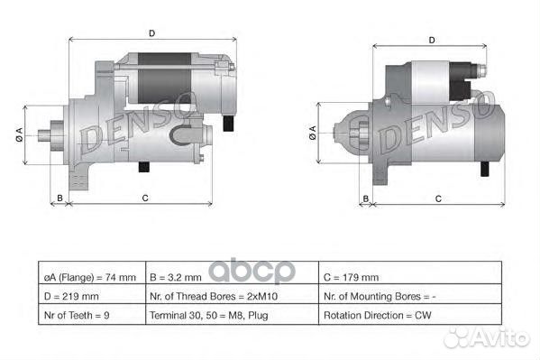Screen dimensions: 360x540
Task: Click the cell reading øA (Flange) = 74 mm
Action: [x=89, y=276]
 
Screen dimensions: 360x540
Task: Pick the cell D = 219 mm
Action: [x=89, y=296]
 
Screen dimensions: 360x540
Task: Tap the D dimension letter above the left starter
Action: [x=151, y=32]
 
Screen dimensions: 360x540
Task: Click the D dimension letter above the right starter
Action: [x=432, y=40]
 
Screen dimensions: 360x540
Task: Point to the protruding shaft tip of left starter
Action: [x=43, y=135]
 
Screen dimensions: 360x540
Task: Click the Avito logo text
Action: [x=499, y=337]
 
